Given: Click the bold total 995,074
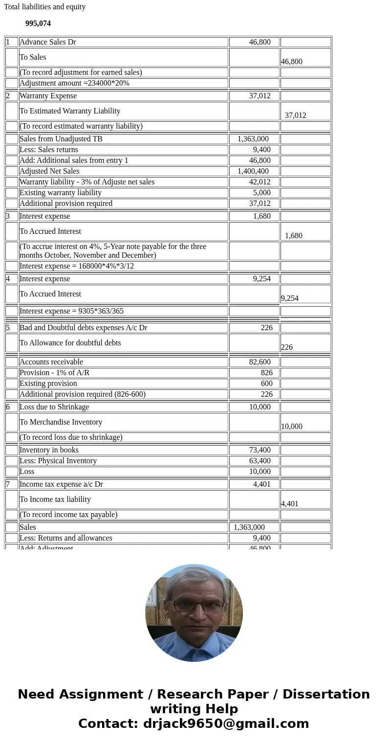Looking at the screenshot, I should click(38, 23).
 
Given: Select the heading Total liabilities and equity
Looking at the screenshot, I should click(44, 7).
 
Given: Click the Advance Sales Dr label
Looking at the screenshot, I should click(48, 42).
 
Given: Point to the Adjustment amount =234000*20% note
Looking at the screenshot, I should click(74, 83).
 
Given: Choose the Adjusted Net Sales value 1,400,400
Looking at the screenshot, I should click(253, 171).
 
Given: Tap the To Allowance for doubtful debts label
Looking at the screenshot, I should click(70, 343).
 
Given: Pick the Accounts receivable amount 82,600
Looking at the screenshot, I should click(259, 362).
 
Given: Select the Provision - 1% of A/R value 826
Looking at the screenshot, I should click(266, 373).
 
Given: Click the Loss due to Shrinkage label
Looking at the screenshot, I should click(54, 407).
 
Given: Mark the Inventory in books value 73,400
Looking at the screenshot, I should click(259, 450).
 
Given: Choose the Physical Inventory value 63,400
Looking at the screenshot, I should click(259, 461).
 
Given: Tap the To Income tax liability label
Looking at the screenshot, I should click(55, 499).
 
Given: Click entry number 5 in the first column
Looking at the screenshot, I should click(8, 328).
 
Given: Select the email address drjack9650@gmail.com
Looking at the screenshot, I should click(226, 724).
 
